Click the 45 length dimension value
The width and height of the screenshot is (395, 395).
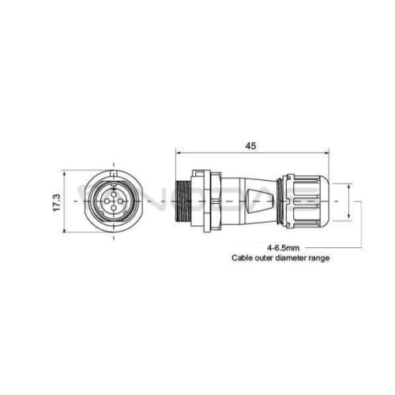250,145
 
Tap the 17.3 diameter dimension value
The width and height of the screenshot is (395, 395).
57,202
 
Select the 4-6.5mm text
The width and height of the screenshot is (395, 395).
283,248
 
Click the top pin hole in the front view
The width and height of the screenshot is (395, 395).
114,194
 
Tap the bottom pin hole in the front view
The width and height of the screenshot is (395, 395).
114,209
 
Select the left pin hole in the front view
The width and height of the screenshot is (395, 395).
107,201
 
